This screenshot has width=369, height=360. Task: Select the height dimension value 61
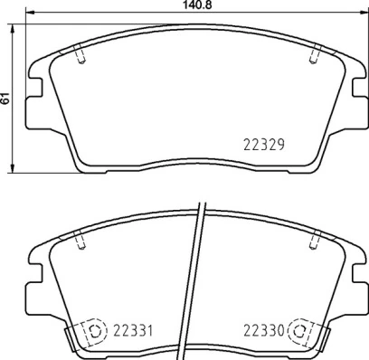coord(6,98)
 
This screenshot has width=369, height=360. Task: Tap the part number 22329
coord(266,143)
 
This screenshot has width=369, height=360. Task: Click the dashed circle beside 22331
coord(93,330)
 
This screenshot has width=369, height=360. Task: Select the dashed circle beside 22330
coord(302,330)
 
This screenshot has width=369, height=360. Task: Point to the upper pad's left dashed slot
coord(81,56)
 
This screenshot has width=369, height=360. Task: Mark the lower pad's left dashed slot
coord(81,239)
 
